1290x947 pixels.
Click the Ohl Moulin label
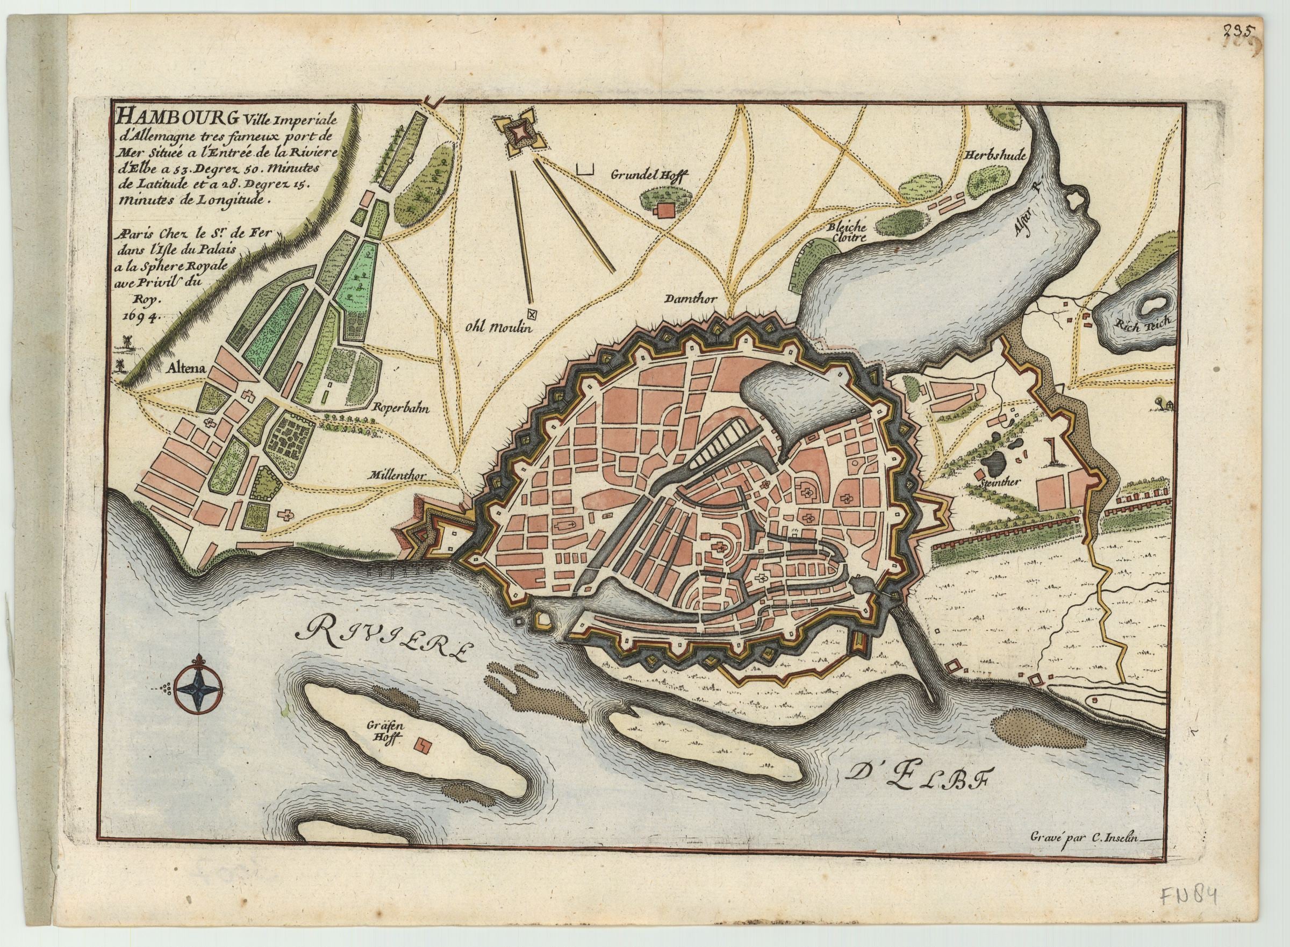[x=499, y=328]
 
